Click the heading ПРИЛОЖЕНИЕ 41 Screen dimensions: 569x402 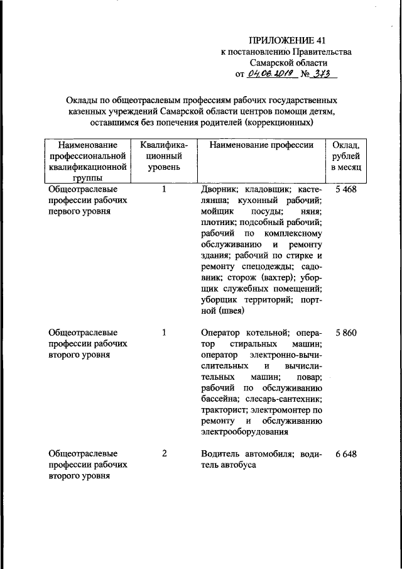(287, 41)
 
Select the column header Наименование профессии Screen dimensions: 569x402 (261, 145)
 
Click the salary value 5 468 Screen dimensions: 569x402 (345, 189)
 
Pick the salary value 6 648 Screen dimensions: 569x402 (345, 454)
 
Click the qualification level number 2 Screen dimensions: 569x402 (164, 454)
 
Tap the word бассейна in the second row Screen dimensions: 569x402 (219, 399)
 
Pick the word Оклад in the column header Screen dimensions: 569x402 (345, 145)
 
